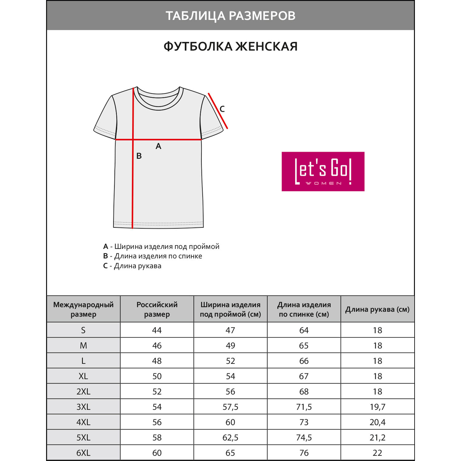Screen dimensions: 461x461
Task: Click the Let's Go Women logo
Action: [x=323, y=171]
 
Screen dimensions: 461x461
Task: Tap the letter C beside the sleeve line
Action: [x=222, y=109]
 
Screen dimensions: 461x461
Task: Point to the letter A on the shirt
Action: [x=158, y=146]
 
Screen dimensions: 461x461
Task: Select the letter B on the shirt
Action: [x=139, y=156]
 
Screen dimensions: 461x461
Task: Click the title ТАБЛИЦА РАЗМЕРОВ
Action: [x=230, y=16]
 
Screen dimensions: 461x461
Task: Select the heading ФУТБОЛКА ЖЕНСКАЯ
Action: [x=230, y=47]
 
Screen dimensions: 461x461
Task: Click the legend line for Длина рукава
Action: [x=132, y=266]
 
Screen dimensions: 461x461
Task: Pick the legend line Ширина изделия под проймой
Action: [x=161, y=246]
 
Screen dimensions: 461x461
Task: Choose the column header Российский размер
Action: [x=157, y=309]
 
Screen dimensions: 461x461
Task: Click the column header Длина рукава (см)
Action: [x=377, y=309]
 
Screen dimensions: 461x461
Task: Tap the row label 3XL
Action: [x=83, y=407]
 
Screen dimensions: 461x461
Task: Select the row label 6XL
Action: [x=83, y=453]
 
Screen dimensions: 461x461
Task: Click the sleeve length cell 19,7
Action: [x=377, y=407]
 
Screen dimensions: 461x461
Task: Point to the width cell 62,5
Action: [x=230, y=438]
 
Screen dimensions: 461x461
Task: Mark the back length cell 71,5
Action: [x=304, y=407]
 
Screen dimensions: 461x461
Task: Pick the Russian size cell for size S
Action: [x=157, y=330]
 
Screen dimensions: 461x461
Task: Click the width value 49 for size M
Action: [x=230, y=346]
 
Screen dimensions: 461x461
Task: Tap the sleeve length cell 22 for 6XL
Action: [x=377, y=453]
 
